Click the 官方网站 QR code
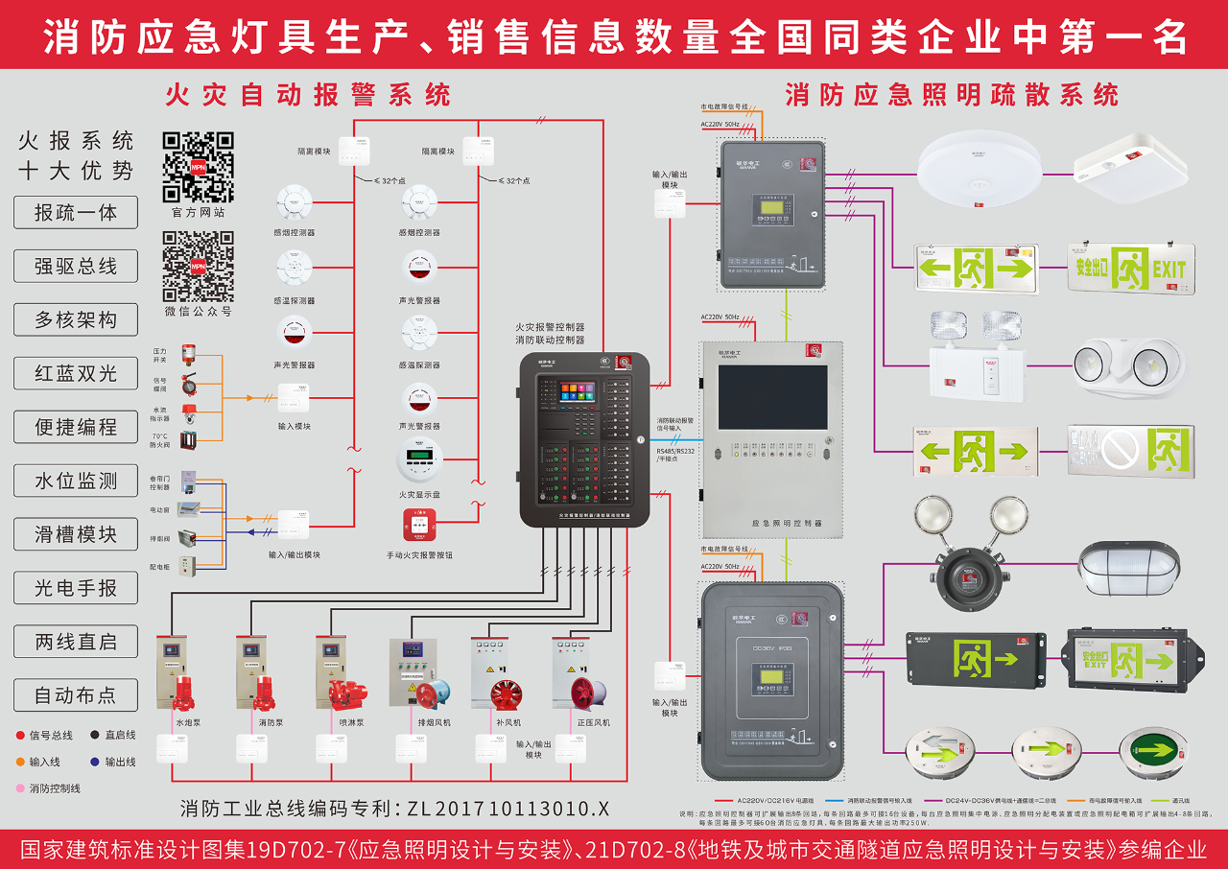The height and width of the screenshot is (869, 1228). point(198,166)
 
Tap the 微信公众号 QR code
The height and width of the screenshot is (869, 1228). point(198,266)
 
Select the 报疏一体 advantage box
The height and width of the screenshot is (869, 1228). point(76,213)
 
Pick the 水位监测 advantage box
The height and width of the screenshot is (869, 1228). point(76,481)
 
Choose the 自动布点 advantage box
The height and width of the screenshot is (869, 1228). point(76,695)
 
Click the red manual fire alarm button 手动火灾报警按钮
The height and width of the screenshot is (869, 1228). point(419,527)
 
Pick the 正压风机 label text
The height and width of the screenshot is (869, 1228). point(592,722)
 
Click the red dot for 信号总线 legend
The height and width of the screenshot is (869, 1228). point(20,736)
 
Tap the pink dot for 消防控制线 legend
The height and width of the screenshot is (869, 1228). point(20,788)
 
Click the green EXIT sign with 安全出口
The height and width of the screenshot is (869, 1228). point(1127,268)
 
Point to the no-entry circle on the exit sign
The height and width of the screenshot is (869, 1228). point(1119,449)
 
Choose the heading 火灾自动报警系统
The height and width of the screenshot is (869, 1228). point(307,95)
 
